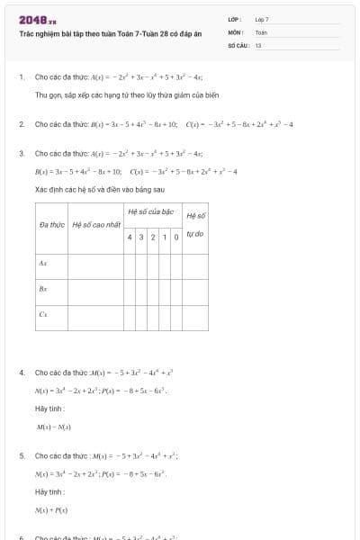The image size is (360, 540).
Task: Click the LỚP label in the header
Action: coord(233,19)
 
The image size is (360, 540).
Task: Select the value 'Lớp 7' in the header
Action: coord(262,19)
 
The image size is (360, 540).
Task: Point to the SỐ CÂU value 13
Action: coord(258,44)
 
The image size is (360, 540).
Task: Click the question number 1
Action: coord(21,77)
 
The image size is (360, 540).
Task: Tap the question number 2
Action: coord(21,123)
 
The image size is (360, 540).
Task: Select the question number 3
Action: coord(21,153)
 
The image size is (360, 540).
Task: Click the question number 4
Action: coord(21,372)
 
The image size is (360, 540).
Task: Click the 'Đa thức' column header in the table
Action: coord(49,223)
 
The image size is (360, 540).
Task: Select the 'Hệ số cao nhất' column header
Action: coord(96,223)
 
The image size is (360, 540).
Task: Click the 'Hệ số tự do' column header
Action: coord(195,224)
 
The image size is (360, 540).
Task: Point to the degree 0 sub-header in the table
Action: coord(176,236)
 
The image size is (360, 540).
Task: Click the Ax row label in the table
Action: coord(43,264)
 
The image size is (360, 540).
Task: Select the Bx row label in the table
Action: coord(43,289)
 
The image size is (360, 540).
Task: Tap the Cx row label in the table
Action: coord(43,314)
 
